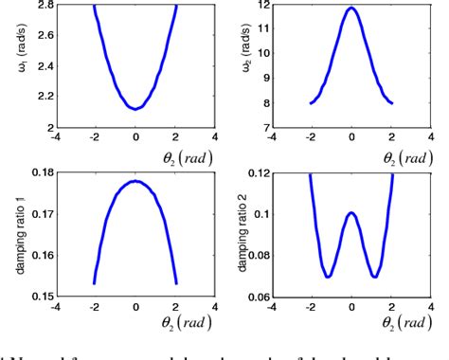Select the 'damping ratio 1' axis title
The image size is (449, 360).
coord(12,227)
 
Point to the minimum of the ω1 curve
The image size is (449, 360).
coord(136,108)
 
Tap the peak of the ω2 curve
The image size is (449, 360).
coord(351,9)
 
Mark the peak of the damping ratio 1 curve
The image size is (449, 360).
coord(136,180)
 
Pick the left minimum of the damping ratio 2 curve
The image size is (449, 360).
coord(327,277)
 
